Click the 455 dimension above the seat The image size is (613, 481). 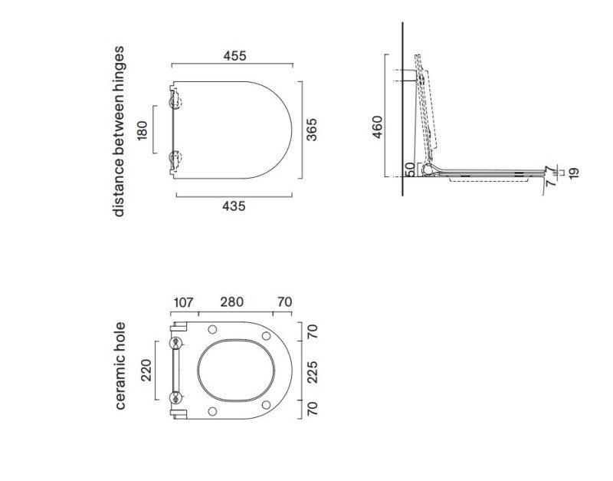234,56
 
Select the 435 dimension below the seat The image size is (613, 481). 234,206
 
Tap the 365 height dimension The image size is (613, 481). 312,130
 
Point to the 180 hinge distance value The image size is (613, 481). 143,130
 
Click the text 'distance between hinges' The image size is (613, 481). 119,131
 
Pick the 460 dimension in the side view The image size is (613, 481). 377,127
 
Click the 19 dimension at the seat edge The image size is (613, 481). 573,173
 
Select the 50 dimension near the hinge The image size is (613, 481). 409,170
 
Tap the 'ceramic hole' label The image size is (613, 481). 120,365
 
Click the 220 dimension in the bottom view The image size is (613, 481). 146,371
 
